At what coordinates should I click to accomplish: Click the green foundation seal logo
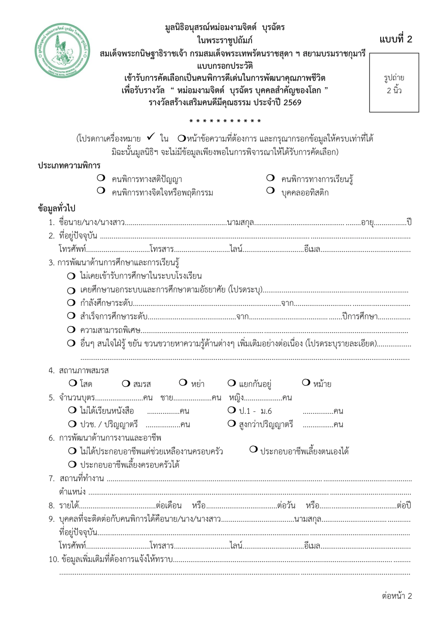tap(62, 50)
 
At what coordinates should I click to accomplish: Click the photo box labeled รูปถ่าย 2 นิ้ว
tap(394, 83)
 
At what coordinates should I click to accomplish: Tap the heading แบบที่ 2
tap(396, 39)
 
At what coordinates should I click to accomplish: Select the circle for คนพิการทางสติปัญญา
tap(101, 178)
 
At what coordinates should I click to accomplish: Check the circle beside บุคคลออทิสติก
tap(270, 191)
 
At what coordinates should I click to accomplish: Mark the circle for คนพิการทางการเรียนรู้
tap(270, 178)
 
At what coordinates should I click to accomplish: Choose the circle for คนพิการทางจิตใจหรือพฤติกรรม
tap(101, 191)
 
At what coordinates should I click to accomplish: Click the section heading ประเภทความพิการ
tap(69, 166)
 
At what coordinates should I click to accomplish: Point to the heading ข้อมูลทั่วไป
tap(56, 208)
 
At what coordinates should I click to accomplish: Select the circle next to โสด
tap(72, 383)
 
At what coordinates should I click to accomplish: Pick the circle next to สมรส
tap(126, 383)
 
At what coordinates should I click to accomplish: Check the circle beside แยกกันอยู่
tap(232, 383)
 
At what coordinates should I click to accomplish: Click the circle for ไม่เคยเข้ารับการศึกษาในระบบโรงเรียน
tap(71, 276)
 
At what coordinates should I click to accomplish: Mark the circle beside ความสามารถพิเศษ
tap(71, 330)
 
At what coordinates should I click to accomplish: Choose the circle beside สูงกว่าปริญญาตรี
tap(232, 424)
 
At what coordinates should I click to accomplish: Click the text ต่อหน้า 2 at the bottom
tap(397, 596)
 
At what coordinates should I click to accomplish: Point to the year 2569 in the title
tap(292, 103)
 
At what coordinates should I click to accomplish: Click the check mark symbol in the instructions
tap(151, 137)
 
